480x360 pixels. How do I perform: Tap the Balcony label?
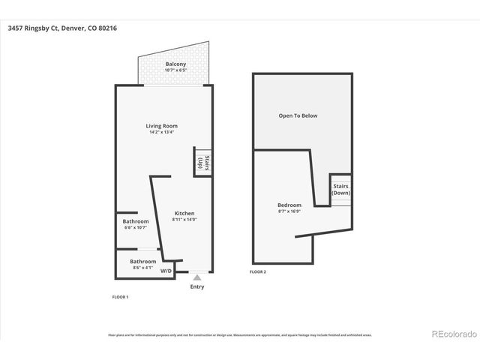coord(175,64)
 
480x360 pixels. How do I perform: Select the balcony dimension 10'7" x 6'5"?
coord(175,70)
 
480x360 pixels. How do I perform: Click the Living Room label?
coord(161,126)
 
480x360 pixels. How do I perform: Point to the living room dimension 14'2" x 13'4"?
coord(161,133)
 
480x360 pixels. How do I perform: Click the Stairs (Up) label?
coord(201,163)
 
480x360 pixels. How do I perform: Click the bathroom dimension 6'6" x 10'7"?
coord(136,227)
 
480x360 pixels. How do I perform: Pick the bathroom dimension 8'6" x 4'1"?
coord(142,267)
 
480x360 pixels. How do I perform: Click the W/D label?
coord(166,271)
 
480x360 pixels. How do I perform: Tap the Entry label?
coord(197,286)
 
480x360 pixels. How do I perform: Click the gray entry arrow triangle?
coord(197,277)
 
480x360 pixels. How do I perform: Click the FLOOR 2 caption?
coord(258,271)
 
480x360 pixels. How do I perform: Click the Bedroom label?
coord(289,205)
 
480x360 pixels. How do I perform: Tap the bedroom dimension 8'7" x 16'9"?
coord(289,211)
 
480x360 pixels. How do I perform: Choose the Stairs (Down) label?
coord(341,189)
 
